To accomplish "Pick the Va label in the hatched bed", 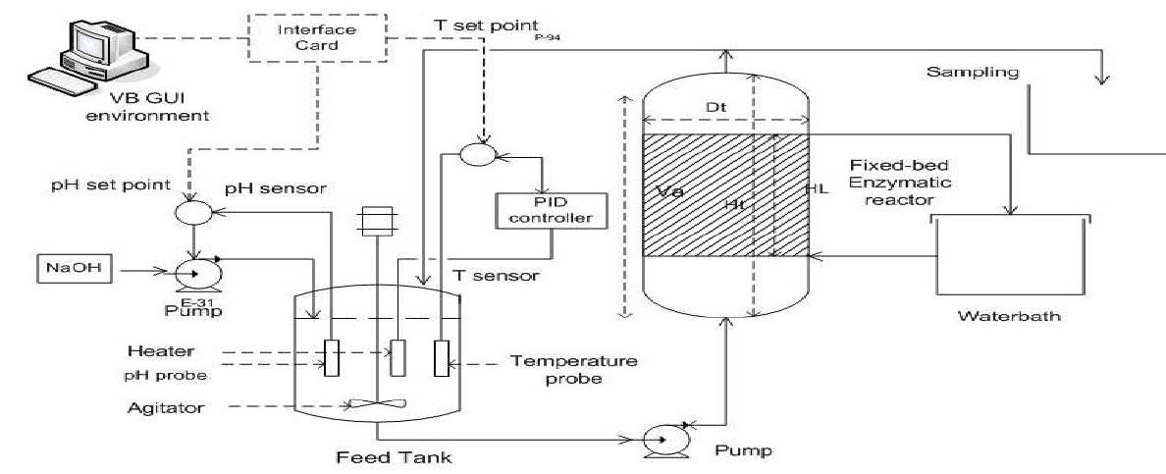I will pyautogui.click(x=671, y=191).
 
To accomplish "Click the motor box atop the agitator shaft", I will pyautogui.click(x=377, y=223).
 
